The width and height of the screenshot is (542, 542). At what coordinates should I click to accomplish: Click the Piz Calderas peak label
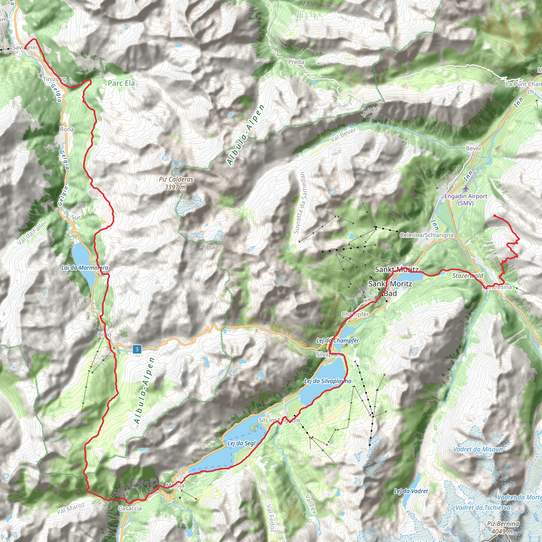176,183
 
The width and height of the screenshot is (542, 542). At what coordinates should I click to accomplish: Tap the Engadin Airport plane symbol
466,188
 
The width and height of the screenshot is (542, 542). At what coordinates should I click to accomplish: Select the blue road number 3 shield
137,349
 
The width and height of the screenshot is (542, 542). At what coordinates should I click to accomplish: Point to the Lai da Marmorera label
84,268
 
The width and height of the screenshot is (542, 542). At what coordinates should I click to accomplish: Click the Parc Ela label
121,83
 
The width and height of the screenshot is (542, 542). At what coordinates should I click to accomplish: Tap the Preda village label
296,62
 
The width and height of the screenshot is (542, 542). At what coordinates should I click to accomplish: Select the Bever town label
473,148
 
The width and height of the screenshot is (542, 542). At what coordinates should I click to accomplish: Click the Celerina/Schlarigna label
426,235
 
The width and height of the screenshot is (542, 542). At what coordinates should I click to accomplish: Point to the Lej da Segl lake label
242,443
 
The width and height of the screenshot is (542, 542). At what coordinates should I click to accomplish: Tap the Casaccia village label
130,508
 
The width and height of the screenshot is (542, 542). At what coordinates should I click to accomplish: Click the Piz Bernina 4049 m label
503,527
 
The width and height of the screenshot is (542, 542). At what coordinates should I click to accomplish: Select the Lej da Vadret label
411,491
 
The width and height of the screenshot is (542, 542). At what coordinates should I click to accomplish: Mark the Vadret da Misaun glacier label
478,449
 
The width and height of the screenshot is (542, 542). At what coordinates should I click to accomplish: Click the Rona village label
67,129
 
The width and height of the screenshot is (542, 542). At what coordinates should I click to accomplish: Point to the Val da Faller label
32,233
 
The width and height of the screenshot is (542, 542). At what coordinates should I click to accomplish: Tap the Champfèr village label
355,314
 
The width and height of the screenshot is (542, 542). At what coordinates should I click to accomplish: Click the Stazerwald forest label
468,275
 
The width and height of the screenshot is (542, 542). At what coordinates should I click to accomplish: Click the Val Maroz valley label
70,508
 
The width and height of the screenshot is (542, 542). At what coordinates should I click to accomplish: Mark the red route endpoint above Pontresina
495,216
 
